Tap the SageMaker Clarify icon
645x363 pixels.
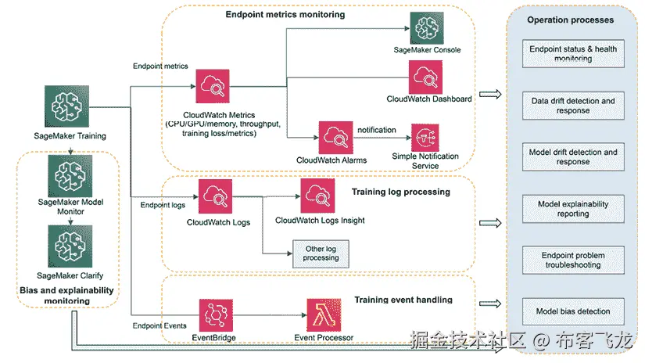tap(70, 246)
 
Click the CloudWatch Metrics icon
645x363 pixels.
tap(212, 88)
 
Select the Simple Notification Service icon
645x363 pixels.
tap(426, 138)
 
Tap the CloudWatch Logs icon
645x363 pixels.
tap(217, 196)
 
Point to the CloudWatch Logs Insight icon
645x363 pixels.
tap(318, 196)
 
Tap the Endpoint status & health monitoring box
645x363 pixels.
tap(573, 54)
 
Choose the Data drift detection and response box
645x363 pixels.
tap(573, 106)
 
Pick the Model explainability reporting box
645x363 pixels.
tap(573, 208)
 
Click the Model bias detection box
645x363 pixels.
tap(573, 311)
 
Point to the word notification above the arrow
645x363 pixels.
tap(377, 129)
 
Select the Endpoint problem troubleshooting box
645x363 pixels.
tap(573, 260)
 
